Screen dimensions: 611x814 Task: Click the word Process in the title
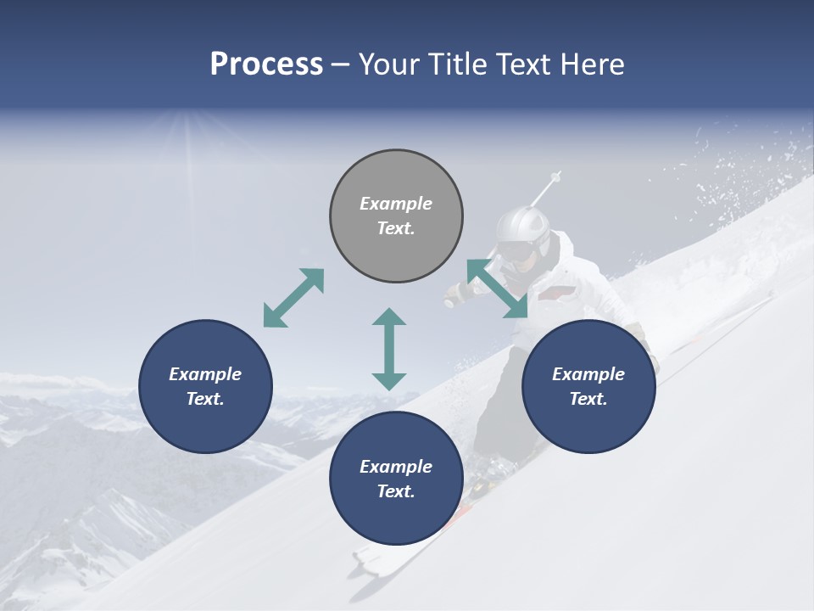[x=266, y=64]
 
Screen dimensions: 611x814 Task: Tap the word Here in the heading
[x=592, y=64]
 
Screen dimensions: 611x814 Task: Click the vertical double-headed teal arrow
[x=389, y=349]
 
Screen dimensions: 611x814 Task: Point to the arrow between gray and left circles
[x=293, y=298]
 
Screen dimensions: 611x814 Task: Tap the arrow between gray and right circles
[x=497, y=289]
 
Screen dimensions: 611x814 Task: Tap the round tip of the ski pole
[x=557, y=176]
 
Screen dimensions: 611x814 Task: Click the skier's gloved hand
[x=456, y=295]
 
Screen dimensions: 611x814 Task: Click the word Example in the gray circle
[x=396, y=204]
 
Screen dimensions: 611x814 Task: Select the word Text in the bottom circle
[x=394, y=491]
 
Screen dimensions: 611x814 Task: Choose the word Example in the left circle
[x=205, y=374]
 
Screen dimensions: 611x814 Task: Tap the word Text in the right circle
[x=587, y=399]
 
